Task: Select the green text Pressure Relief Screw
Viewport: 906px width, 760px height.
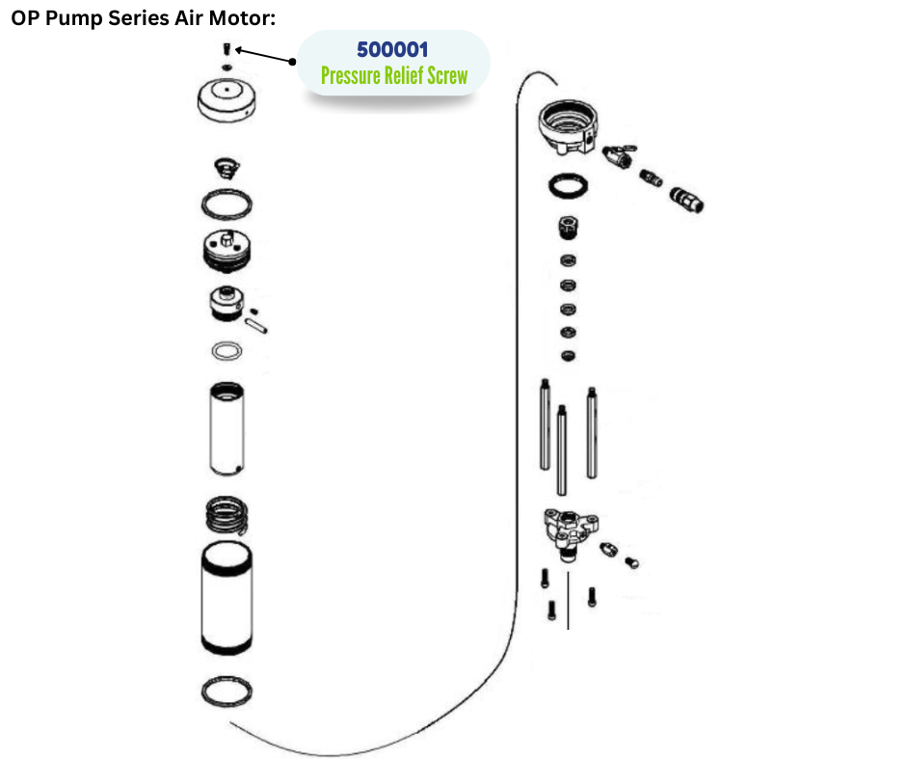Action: click(393, 76)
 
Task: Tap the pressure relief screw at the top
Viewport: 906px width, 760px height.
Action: click(225, 49)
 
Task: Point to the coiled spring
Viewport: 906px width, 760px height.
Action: click(228, 519)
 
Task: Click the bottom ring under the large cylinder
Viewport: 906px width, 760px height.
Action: click(228, 692)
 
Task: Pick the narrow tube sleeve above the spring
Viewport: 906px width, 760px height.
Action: click(227, 427)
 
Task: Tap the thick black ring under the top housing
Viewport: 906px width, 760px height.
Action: click(568, 185)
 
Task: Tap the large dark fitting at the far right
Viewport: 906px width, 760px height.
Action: click(687, 200)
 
